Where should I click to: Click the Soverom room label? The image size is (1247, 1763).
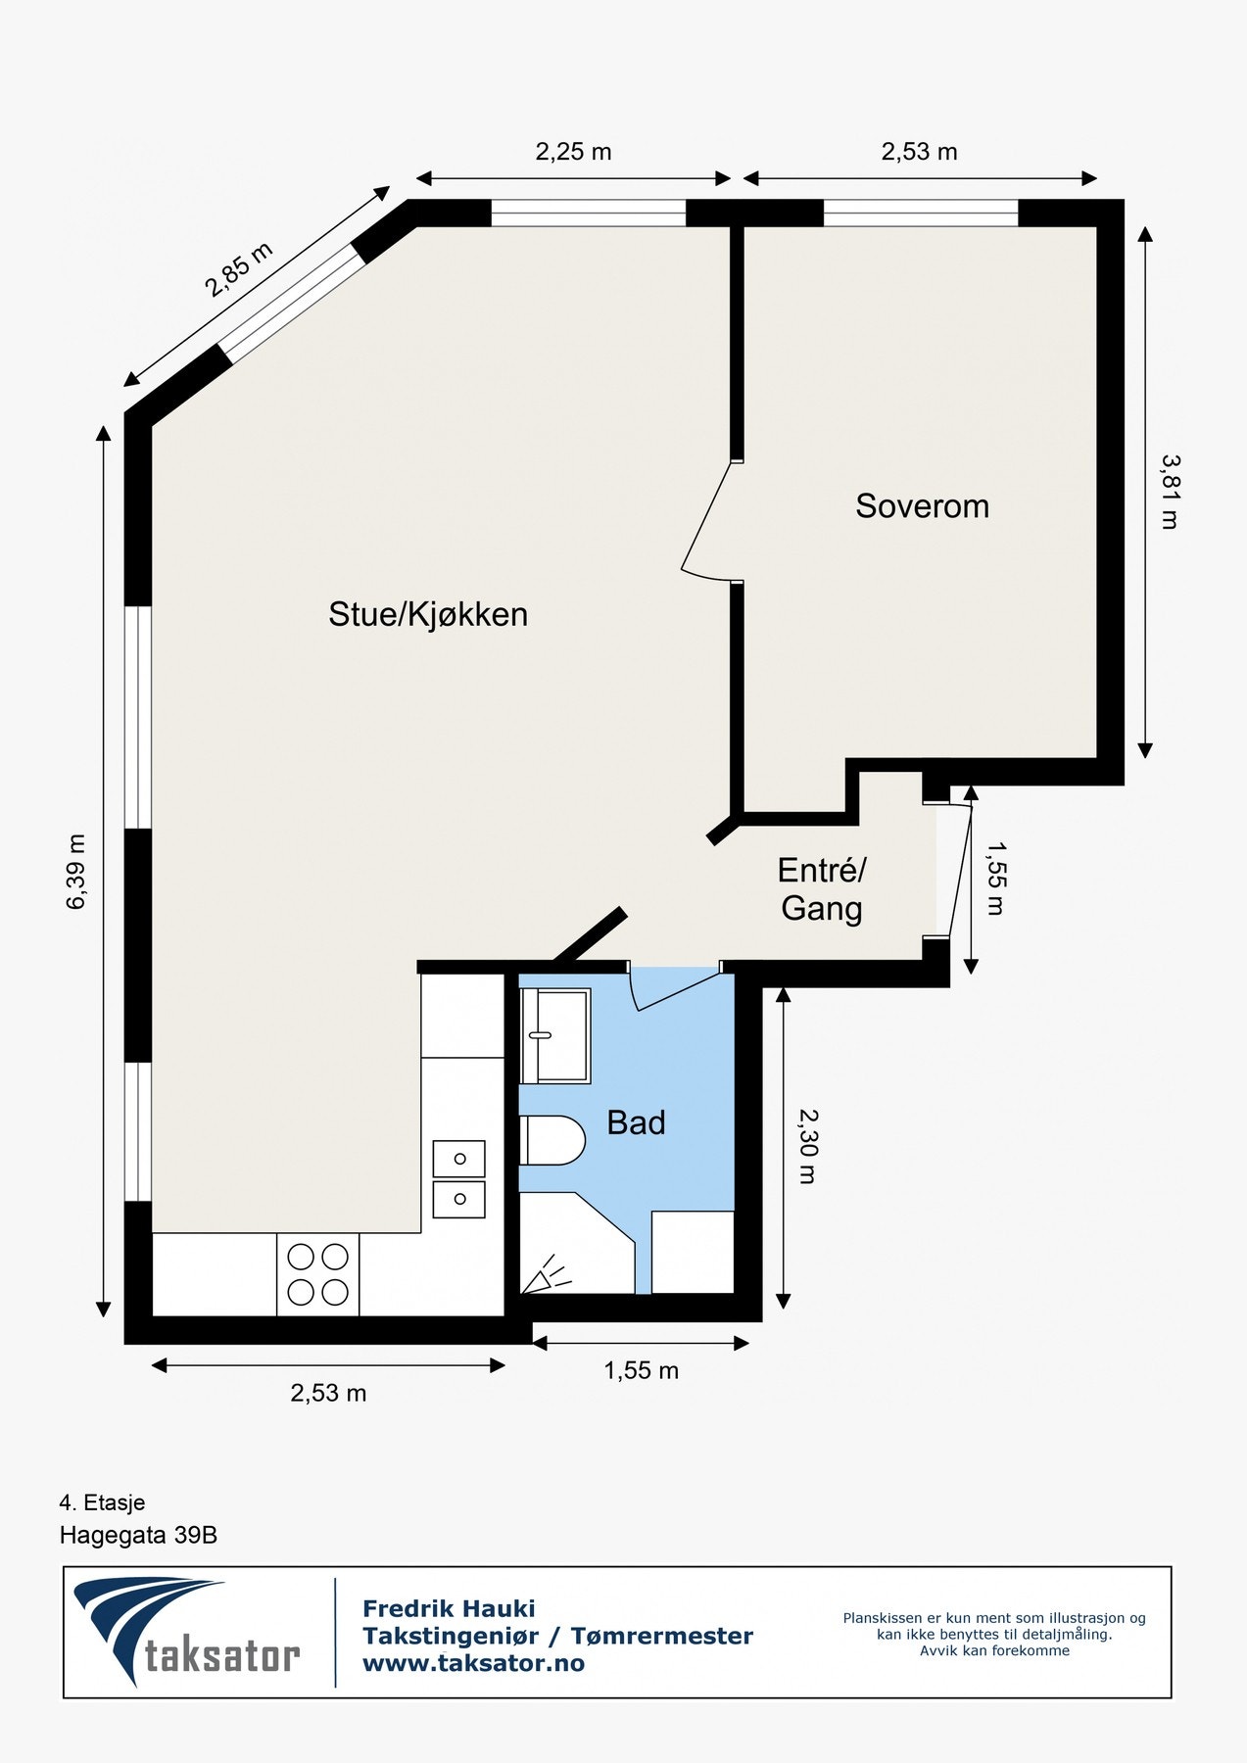(x=922, y=506)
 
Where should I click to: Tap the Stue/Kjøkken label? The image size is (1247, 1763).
(x=428, y=614)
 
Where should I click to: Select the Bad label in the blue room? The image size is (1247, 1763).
(x=636, y=1122)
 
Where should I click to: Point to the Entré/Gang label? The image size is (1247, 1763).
(x=822, y=889)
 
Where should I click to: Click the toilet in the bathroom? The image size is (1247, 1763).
(x=552, y=1140)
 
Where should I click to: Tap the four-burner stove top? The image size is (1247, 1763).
(x=317, y=1274)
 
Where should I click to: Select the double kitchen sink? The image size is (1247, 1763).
(x=458, y=1178)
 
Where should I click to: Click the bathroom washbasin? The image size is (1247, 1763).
(x=554, y=1035)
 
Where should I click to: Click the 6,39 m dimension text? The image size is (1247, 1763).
(x=76, y=872)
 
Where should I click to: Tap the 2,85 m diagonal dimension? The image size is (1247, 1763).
(x=238, y=269)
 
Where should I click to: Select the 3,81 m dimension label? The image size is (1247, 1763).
(x=1170, y=492)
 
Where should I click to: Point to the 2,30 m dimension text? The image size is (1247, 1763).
(x=807, y=1146)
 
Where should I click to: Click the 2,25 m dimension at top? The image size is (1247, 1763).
(x=573, y=152)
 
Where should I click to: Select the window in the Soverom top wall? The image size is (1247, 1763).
(x=920, y=213)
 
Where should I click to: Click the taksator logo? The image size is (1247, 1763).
(x=186, y=1631)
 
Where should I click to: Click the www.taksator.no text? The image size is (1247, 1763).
(x=473, y=1663)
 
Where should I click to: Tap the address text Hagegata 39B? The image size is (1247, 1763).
(x=138, y=1535)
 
